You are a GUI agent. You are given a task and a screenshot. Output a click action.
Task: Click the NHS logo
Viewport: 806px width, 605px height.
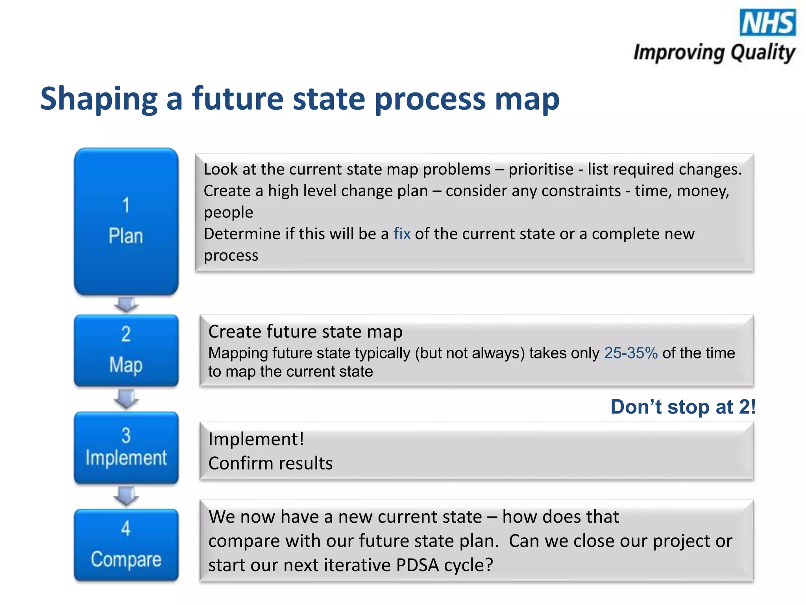[x=767, y=22]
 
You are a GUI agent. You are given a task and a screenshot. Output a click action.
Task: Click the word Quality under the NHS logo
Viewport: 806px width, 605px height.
[x=763, y=52]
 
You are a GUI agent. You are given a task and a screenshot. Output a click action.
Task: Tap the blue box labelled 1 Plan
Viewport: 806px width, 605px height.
[x=126, y=221]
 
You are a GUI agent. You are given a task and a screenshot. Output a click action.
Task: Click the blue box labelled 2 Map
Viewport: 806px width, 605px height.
[x=126, y=350]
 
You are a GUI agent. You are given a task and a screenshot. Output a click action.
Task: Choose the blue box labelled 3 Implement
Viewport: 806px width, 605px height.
[x=126, y=447]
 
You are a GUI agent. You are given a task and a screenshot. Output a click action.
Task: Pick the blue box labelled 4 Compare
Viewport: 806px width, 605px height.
[x=126, y=545]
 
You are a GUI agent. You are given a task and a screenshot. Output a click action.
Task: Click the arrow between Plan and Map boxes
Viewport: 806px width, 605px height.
[x=126, y=304]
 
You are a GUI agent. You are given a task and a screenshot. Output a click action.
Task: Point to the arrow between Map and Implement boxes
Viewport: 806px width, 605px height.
[x=126, y=399]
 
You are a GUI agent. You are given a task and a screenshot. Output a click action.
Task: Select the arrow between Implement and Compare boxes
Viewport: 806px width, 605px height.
[x=126, y=496]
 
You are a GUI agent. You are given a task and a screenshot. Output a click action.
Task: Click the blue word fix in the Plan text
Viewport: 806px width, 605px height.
[x=402, y=234]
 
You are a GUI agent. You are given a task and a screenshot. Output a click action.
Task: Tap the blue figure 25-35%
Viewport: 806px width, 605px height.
[x=630, y=353]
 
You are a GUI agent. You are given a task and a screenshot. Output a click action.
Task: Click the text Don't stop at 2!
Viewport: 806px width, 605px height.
[x=683, y=407]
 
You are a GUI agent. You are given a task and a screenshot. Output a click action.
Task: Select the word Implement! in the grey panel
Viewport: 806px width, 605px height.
[x=256, y=439]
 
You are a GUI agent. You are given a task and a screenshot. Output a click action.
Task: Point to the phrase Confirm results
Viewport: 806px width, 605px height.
[x=270, y=464]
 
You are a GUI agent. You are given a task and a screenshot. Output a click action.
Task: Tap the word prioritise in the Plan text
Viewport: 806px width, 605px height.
[x=541, y=170]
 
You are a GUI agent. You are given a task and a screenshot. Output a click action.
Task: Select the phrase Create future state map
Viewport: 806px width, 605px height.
[x=305, y=332]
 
